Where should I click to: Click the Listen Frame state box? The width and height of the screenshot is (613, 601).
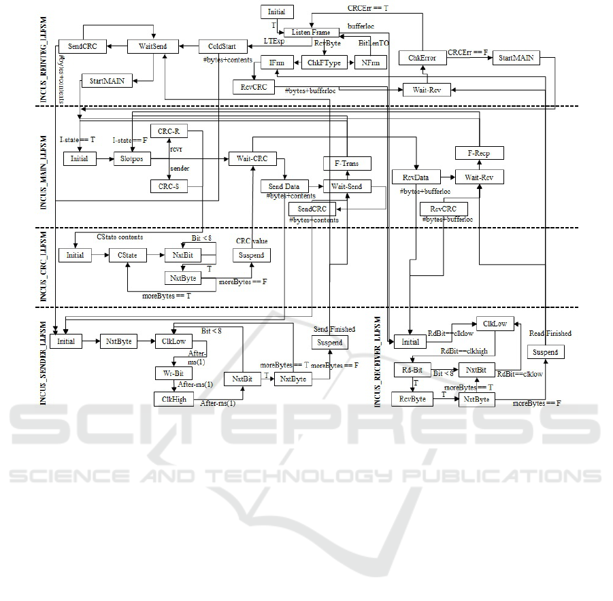click(310, 32)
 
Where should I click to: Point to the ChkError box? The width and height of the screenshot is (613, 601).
click(422, 58)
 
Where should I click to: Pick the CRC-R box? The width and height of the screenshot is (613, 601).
click(169, 132)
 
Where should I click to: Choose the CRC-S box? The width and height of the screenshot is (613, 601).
click(169, 186)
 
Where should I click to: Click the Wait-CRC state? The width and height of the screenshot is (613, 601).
click(252, 158)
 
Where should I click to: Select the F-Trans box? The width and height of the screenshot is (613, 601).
click(347, 164)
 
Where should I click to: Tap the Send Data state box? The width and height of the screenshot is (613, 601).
click(284, 186)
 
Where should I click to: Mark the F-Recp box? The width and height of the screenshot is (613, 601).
click(480, 154)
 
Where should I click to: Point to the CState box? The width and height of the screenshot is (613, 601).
click(128, 256)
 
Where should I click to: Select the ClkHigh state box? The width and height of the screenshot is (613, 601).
click(174, 399)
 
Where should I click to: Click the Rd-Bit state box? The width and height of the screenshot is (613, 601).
click(412, 371)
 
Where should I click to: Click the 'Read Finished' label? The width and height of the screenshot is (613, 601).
click(550, 333)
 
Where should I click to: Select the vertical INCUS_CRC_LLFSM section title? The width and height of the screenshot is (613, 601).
click(44, 267)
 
